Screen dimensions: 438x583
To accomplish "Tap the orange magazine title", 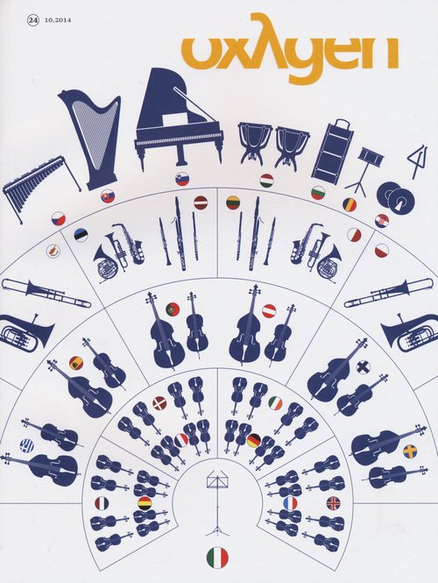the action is (x=290, y=49).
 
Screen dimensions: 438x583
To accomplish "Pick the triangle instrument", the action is (x=419, y=162).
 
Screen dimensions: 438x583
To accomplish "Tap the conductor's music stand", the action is (x=218, y=502).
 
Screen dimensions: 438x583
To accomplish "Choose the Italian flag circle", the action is (x=218, y=558).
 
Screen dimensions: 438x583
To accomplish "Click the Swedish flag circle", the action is (x=410, y=451).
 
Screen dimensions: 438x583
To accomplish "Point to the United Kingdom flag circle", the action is (x=333, y=503).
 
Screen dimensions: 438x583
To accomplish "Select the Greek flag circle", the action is (x=27, y=445).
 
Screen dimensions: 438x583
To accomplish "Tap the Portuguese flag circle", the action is (x=173, y=309).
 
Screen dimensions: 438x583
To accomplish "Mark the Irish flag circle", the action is (x=275, y=403).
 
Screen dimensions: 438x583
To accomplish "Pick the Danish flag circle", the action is (x=159, y=402).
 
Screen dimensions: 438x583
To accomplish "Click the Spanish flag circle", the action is (x=76, y=363).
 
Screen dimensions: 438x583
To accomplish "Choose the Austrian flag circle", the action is (x=269, y=311).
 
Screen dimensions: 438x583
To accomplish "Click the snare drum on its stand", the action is (x=364, y=170).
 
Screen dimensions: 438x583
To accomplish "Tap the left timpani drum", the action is (x=255, y=143).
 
